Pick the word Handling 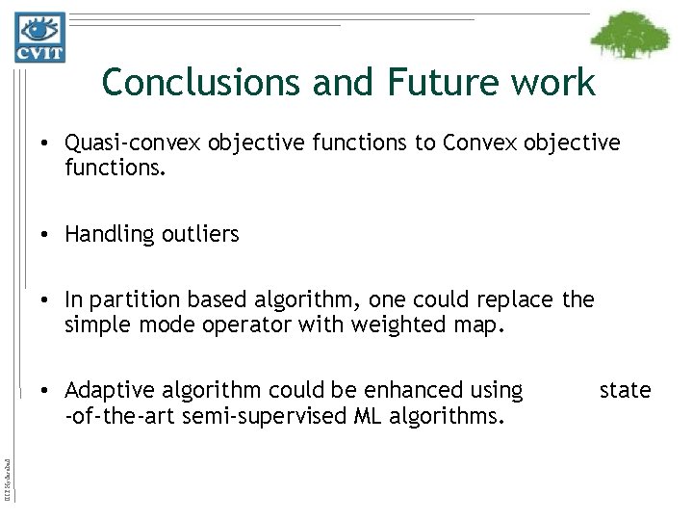(104, 233)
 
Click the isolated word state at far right (625, 390)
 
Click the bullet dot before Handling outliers (47, 234)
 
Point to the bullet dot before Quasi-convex (47, 143)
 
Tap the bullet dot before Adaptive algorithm (47, 391)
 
